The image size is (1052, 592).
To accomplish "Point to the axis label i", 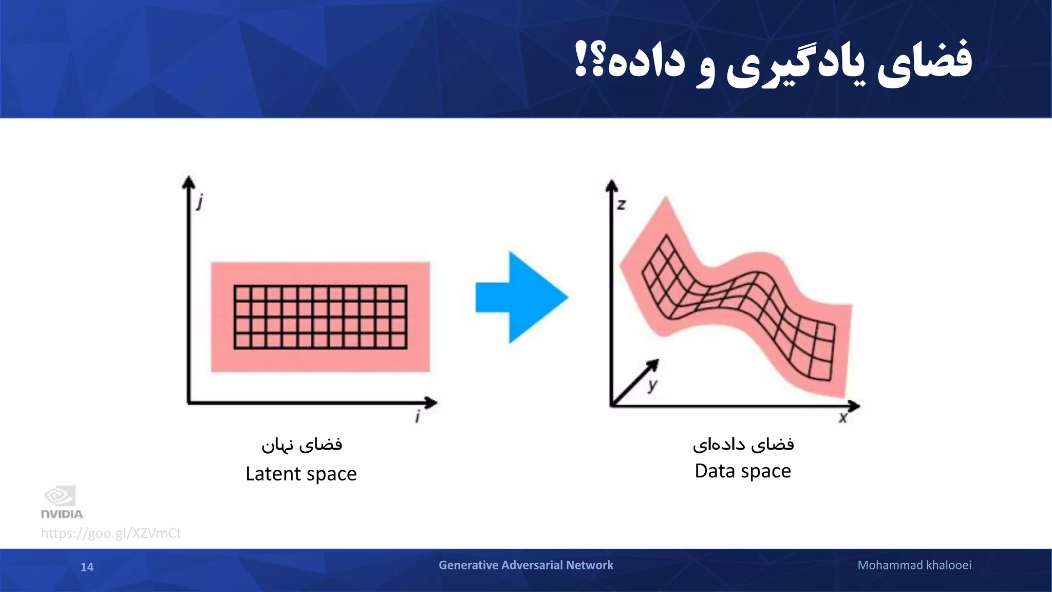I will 418,416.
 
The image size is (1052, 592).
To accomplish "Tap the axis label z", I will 621,205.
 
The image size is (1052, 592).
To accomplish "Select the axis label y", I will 652,384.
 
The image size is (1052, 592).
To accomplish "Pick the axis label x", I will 843,418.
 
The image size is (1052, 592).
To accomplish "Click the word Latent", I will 273,474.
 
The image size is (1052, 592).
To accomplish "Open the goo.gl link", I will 111,533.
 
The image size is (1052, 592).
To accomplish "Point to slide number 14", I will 87,567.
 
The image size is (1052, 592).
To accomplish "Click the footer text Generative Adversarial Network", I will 525,565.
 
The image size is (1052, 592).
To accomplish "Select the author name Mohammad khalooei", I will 914,565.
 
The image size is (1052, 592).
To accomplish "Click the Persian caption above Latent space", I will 302,444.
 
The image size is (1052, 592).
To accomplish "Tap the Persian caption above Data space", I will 743,444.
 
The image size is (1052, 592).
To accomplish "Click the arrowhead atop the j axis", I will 189,182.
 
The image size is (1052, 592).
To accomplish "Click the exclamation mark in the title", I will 580,61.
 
